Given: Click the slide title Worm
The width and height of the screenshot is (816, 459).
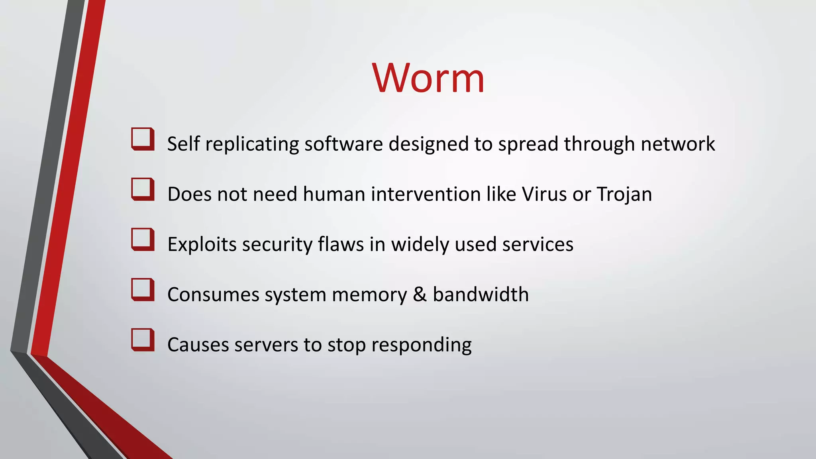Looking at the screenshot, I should tap(428, 78).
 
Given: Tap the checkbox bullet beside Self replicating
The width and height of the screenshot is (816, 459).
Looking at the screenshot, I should tap(143, 139).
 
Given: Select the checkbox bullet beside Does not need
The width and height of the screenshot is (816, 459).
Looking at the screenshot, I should tap(143, 189).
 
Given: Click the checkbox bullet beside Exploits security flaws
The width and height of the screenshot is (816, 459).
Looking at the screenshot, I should tap(143, 239).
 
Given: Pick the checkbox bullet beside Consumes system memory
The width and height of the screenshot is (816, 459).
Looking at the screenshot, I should tap(143, 290).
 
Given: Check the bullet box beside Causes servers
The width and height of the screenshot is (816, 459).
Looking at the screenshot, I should tap(143, 340).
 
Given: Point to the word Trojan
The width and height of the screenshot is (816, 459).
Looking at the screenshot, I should tap(624, 194).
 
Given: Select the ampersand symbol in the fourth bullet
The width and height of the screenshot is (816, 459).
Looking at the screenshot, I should tap(420, 294).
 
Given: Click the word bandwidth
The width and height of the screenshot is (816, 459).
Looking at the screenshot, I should tap(481, 294).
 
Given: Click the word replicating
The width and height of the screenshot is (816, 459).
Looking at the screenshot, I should tap(252, 144).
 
